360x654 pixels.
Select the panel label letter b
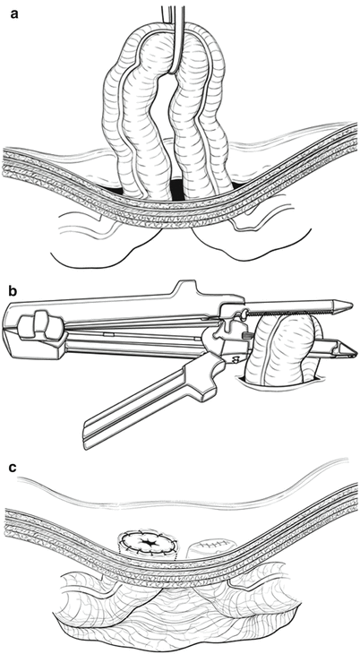point(13,290)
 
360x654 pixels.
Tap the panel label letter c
point(13,467)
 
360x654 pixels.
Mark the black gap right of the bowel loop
point(238,184)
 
